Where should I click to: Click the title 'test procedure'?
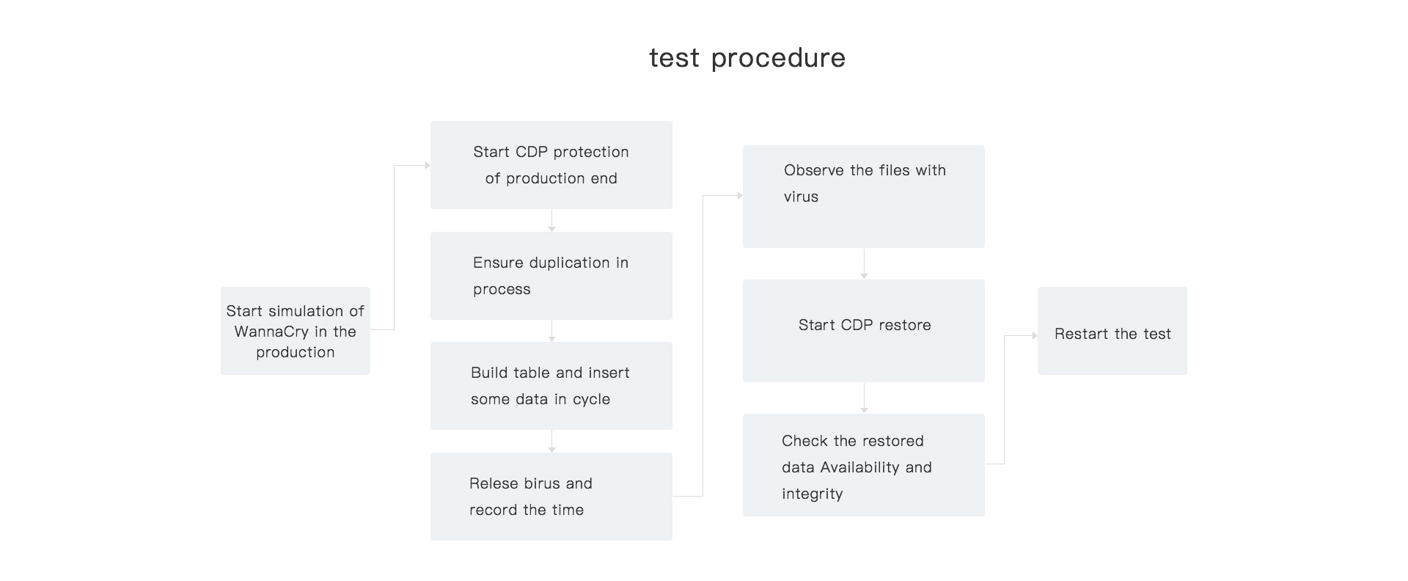tap(747, 58)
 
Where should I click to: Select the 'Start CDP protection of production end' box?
tap(551, 165)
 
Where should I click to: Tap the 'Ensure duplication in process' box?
tap(551, 276)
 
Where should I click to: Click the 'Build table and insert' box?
tap(551, 386)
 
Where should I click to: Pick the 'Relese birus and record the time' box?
tap(551, 497)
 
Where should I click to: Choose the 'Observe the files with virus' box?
tap(864, 197)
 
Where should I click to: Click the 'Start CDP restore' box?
tap(864, 331)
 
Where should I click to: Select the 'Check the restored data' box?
tap(864, 465)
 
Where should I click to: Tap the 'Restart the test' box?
tap(1112, 331)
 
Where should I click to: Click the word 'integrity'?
tap(813, 494)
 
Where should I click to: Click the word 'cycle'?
tap(592, 400)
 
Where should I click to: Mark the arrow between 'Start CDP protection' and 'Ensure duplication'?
tap(551, 221)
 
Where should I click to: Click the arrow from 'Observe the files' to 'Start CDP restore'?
tap(864, 264)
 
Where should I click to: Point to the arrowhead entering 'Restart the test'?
tap(1035, 335)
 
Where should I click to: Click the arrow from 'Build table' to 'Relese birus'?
tap(551, 442)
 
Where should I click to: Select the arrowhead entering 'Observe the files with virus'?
tap(740, 196)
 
